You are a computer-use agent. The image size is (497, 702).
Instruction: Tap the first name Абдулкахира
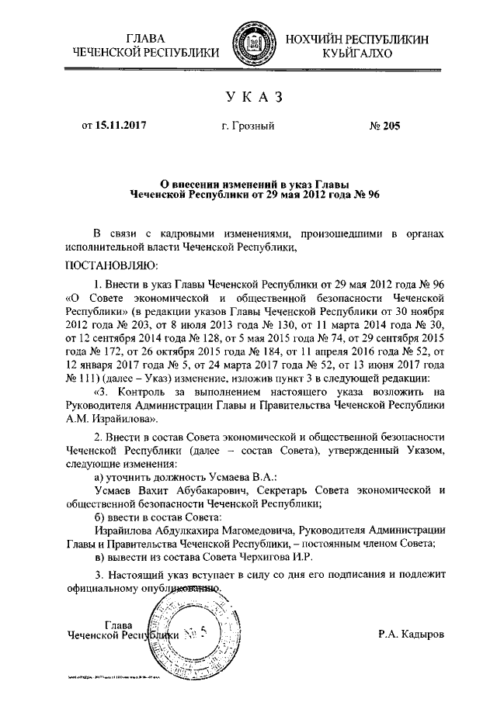[193, 530]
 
